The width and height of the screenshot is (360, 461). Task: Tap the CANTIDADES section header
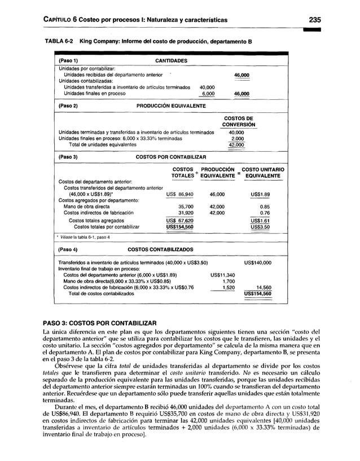(172, 61)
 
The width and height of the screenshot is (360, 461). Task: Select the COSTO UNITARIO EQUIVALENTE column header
(262, 173)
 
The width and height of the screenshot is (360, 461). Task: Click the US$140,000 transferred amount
(257, 263)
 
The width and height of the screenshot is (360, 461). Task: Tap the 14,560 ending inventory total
(261, 287)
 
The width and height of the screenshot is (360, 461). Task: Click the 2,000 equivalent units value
(237, 138)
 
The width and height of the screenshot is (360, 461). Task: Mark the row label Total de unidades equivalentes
(102, 144)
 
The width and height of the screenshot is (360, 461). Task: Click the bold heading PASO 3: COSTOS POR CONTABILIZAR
(100, 322)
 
